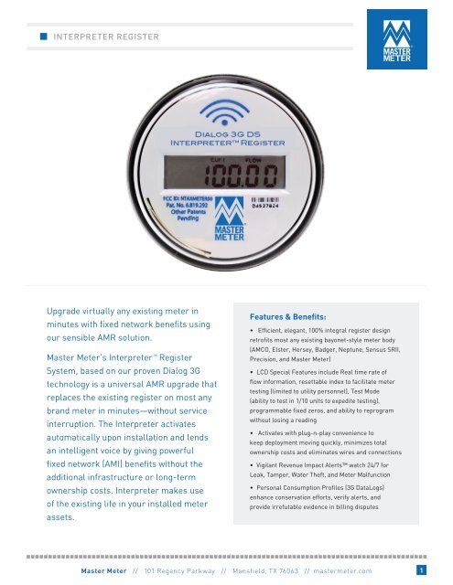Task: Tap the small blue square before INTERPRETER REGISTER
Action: tap(43, 37)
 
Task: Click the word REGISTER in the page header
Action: tap(133, 37)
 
